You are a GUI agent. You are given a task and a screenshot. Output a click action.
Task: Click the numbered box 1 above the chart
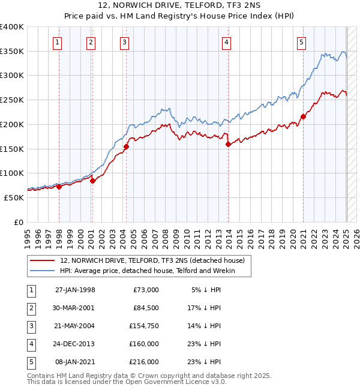[x=56, y=42]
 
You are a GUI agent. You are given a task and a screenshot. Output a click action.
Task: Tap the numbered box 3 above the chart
[x=124, y=42]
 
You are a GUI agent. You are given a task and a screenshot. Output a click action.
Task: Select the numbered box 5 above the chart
[x=301, y=42]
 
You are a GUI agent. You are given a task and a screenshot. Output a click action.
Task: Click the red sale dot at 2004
[x=127, y=146]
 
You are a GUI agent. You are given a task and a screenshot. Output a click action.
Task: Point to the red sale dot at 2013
[x=229, y=144]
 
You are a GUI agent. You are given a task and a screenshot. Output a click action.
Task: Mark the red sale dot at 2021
[x=303, y=116]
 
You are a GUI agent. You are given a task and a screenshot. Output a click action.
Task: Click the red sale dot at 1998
[x=59, y=187]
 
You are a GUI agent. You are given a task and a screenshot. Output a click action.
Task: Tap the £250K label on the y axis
[x=13, y=100]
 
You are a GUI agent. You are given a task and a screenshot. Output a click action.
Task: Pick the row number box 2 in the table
[x=31, y=308]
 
